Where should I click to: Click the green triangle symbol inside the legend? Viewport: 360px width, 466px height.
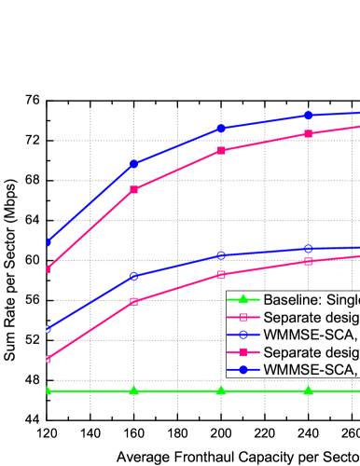click(243, 300)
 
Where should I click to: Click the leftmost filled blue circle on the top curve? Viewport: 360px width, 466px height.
click(48, 242)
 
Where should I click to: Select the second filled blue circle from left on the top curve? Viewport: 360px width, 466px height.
click(134, 164)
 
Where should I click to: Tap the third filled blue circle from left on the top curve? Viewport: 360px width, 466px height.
click(221, 128)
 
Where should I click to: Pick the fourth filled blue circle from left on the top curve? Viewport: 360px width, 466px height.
click(308, 115)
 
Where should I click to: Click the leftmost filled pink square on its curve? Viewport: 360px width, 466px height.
click(48, 269)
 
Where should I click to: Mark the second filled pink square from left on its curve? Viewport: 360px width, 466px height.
click(134, 189)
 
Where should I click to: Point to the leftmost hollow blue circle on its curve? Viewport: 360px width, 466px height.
click(48, 329)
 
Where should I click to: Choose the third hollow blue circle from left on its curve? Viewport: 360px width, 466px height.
click(221, 255)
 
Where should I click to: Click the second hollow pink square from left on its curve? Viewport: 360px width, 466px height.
click(134, 301)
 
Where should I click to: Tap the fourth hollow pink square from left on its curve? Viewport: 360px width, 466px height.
click(308, 261)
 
